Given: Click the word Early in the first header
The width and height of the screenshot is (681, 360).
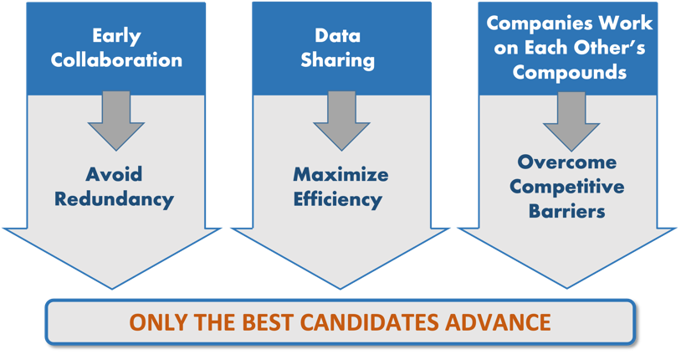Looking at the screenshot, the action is pyautogui.click(x=116, y=37).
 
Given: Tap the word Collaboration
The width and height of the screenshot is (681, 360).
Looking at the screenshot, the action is pyautogui.click(x=116, y=60).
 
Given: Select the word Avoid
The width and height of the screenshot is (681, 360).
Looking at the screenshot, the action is pyautogui.click(x=115, y=174).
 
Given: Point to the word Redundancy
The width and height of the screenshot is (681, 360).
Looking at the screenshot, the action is pyautogui.click(x=115, y=199).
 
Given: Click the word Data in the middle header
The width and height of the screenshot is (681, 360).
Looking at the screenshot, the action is pyautogui.click(x=337, y=36).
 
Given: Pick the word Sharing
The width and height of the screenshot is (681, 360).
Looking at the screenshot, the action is pyautogui.click(x=337, y=60).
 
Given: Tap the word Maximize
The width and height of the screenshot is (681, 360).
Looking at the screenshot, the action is pyautogui.click(x=341, y=174).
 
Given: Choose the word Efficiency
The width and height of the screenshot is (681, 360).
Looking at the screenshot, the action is pyautogui.click(x=338, y=199).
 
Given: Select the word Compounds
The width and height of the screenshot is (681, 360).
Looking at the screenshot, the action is pyautogui.click(x=570, y=72).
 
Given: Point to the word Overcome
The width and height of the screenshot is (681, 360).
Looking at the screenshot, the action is pyautogui.click(x=566, y=162).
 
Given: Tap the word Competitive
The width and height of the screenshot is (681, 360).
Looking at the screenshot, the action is pyautogui.click(x=566, y=188).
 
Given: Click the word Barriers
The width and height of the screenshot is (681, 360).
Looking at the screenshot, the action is pyautogui.click(x=566, y=211).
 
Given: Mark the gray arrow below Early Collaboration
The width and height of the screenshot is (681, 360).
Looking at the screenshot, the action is pyautogui.click(x=116, y=121).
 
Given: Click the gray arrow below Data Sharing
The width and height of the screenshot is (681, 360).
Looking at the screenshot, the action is pyautogui.click(x=341, y=121).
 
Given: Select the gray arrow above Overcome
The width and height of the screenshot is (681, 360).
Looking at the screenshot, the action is pyautogui.click(x=571, y=121).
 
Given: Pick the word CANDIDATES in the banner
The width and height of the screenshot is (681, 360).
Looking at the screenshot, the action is pyautogui.click(x=370, y=322).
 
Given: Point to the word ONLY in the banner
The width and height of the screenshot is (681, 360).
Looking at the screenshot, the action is pyautogui.click(x=160, y=322).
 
